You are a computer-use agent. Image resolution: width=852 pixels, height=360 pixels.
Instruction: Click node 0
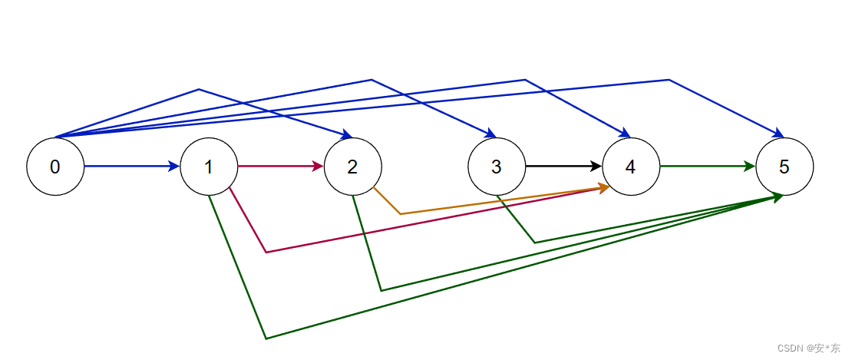pos(55,166)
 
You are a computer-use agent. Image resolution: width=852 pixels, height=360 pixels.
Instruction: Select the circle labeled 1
pos(209,166)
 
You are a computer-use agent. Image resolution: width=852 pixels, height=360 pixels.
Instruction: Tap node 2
pos(352,166)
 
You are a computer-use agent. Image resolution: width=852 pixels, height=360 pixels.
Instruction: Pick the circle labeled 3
pos(497,166)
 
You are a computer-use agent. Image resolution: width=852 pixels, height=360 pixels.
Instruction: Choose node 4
pos(631,166)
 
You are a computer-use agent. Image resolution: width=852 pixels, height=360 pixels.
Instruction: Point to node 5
pos(784,166)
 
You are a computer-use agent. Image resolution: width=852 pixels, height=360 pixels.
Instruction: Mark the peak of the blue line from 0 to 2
pos(199,89)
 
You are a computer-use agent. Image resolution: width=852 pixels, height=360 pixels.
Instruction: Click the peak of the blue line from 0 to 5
pos(669,79)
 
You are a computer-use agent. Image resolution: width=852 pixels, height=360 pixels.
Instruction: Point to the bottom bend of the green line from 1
pos(266,339)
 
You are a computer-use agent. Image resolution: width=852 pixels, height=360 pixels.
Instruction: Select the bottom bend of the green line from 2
pos(381,290)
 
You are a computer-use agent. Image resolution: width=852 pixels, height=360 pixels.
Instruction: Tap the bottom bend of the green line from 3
pos(535,243)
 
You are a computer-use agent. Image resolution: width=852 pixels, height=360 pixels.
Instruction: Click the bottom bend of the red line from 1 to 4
pos(266,252)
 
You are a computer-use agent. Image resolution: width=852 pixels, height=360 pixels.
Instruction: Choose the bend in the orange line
pos(400,213)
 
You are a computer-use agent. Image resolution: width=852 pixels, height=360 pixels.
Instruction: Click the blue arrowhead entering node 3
pos(492,135)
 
